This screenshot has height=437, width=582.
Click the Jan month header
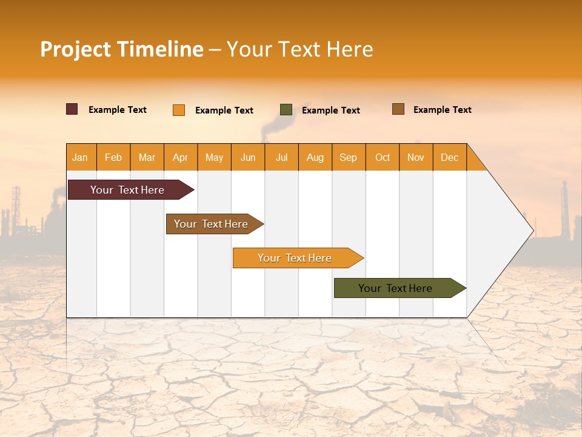click(x=80, y=157)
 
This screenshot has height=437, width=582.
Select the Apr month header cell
click(x=181, y=157)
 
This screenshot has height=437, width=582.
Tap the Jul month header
click(x=281, y=157)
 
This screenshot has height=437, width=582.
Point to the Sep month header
click(x=348, y=157)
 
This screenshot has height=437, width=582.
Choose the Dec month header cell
click(x=449, y=157)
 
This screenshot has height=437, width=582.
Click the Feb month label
click(x=113, y=157)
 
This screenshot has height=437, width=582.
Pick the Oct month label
click(x=383, y=157)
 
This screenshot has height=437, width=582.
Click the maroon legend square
click(x=72, y=109)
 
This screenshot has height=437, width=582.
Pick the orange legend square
click(x=179, y=110)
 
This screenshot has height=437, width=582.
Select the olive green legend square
click(x=286, y=110)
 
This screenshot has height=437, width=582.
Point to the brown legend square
click(x=398, y=109)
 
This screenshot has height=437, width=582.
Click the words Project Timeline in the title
click(x=122, y=49)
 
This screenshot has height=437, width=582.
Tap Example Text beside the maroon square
click(x=118, y=110)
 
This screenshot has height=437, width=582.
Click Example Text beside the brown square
click(x=443, y=110)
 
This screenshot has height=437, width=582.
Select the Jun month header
click(x=248, y=157)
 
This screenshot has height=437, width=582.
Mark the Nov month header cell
click(x=416, y=157)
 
